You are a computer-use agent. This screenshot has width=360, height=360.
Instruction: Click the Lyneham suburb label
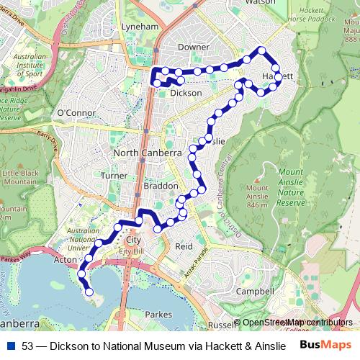click(140, 26)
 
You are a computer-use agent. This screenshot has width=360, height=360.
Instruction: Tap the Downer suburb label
click(194, 46)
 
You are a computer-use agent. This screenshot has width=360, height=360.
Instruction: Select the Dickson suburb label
click(186, 93)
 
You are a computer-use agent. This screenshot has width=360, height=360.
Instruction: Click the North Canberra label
click(147, 153)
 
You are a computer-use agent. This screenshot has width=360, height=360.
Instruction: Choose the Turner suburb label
click(114, 175)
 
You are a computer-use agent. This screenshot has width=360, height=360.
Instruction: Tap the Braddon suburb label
click(156, 186)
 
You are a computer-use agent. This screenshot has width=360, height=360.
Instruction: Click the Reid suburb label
click(184, 246)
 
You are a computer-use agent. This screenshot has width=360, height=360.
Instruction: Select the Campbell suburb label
click(256, 292)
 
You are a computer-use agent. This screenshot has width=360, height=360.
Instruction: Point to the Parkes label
click(158, 315)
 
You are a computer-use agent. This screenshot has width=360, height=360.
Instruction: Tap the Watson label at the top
click(260, 3)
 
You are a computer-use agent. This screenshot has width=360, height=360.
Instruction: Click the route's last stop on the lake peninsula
click(89, 292)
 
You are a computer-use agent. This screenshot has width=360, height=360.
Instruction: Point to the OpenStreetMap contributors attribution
click(297, 323)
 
